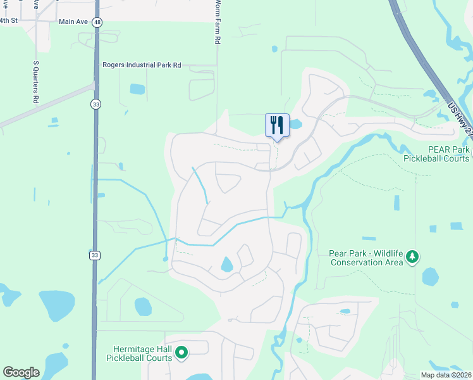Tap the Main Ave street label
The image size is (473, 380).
pyautogui.click(x=74, y=22)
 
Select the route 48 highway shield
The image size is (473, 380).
pyautogui.click(x=97, y=22)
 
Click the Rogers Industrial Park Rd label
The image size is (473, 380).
pyautogui.click(x=142, y=65)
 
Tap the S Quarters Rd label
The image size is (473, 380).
pyautogui.click(x=35, y=82)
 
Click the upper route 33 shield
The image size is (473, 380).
pyautogui.click(x=95, y=104)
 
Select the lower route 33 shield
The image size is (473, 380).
pyautogui.click(x=94, y=255)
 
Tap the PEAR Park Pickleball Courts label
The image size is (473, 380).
pyautogui.click(x=436, y=154)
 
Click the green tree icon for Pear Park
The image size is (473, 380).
pyautogui.click(x=412, y=256)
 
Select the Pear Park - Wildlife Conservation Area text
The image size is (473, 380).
pyautogui.click(x=366, y=258)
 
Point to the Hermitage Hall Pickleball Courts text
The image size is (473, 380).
pyautogui.click(x=142, y=353)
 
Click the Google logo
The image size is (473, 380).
pyautogui.click(x=21, y=372)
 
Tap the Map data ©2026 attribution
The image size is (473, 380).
pyautogui.click(x=445, y=375)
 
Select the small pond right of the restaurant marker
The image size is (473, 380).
pyautogui.click(x=296, y=125)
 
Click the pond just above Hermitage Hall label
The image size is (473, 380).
pyautogui.click(x=142, y=307)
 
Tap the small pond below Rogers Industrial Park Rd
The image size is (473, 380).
pyautogui.click(x=137, y=89)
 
